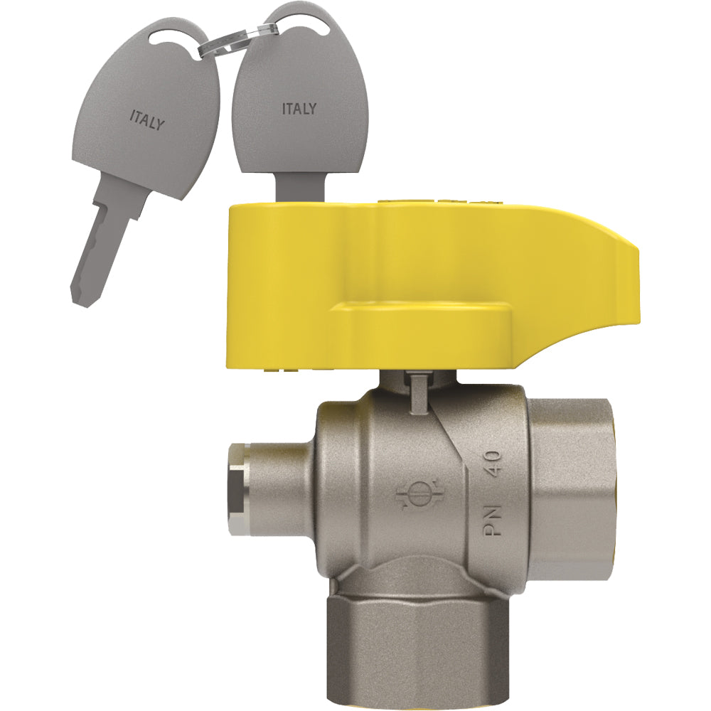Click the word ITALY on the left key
[147, 120]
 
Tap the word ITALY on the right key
[299, 108]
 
